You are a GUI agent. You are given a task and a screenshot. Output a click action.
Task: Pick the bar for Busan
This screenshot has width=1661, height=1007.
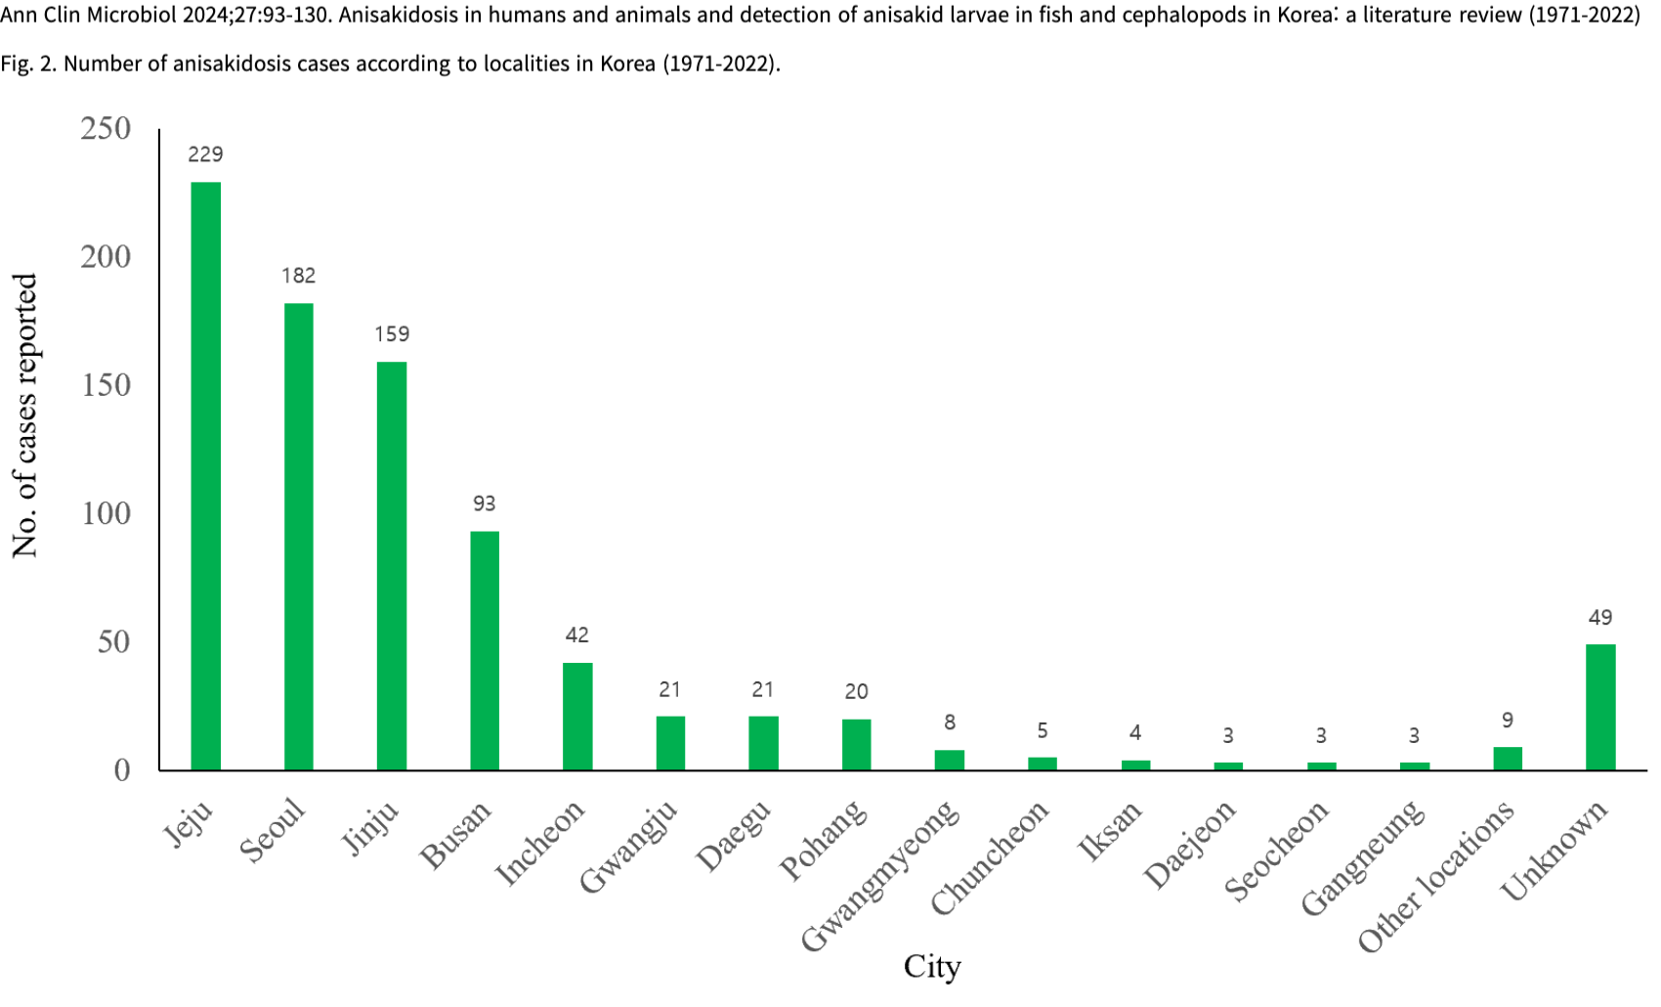[485, 650]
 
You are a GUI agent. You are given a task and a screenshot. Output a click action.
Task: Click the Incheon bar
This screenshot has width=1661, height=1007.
[577, 716]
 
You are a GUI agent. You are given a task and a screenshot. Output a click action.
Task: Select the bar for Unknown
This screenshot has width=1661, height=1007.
[1600, 707]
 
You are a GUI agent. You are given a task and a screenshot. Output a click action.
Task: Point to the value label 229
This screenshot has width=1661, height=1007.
[205, 154]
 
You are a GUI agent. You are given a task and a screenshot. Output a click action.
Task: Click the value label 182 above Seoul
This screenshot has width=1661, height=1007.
[298, 276]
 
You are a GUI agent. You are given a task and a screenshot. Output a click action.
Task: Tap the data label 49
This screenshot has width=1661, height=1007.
[1600, 618]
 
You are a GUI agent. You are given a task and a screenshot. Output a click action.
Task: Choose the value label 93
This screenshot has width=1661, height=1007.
[485, 503]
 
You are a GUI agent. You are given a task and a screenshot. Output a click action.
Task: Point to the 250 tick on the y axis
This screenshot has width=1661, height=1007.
[106, 128]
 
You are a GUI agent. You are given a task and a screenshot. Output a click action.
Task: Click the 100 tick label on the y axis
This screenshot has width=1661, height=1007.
[106, 513]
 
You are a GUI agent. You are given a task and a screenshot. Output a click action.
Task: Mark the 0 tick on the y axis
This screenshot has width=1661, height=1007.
[121, 770]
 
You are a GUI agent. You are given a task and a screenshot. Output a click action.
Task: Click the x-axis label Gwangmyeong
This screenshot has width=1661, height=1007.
[881, 875]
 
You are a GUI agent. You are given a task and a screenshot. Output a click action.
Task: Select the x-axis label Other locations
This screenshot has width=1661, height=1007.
[1437, 875]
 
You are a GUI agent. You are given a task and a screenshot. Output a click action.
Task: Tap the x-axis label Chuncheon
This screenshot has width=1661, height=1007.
[990, 857]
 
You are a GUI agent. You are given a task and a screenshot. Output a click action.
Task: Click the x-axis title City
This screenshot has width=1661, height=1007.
[932, 967]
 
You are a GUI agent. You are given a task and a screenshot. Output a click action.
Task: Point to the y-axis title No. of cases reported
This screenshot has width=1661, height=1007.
[24, 416]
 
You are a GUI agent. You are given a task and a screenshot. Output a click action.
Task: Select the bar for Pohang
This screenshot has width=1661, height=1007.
[856, 745]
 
